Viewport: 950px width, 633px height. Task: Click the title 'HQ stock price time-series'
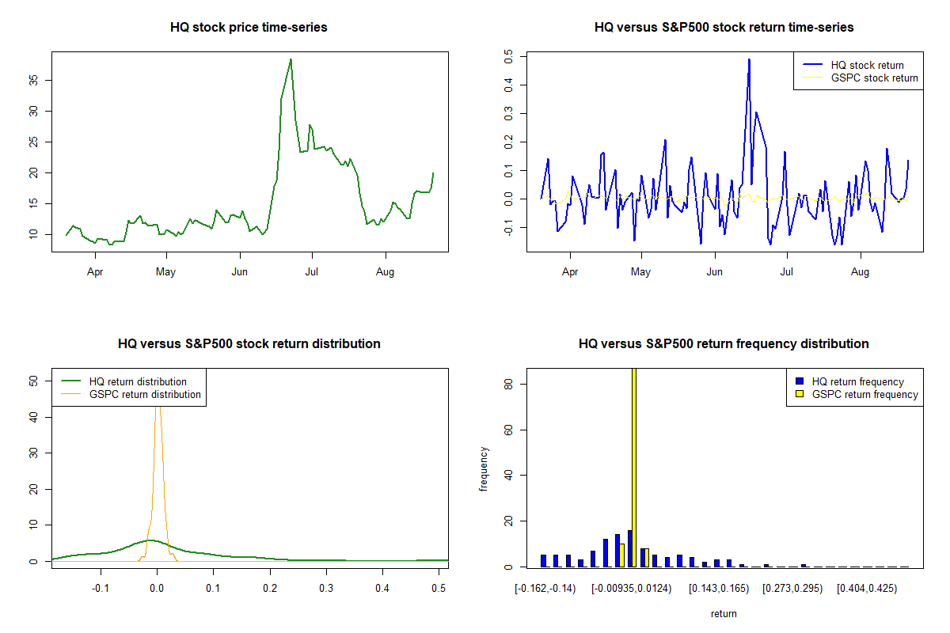pyautogui.click(x=249, y=27)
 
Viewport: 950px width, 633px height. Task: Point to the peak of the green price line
pyautogui.click(x=291, y=59)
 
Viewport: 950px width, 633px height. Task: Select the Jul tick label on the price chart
pyautogui.click(x=312, y=271)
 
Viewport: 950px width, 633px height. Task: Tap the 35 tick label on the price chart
pyautogui.click(x=33, y=80)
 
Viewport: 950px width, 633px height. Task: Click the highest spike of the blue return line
pyautogui.click(x=749, y=60)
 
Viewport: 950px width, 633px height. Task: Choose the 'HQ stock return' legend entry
pyautogui.click(x=853, y=65)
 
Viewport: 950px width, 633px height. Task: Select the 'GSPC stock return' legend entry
pyautogui.click(x=860, y=78)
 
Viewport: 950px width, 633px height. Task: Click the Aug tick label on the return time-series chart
pyautogui.click(x=860, y=271)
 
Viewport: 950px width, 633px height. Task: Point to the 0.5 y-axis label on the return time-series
pyautogui.click(x=508, y=56)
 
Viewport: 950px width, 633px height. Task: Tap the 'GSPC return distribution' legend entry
pyautogui.click(x=131, y=394)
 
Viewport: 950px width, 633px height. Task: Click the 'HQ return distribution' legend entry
pyautogui.click(x=123, y=381)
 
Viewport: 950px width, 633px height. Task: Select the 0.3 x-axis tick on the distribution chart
pyautogui.click(x=326, y=588)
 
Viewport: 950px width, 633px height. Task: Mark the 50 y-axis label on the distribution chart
pyautogui.click(x=33, y=381)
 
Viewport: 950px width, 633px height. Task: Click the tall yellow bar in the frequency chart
pyautogui.click(x=634, y=467)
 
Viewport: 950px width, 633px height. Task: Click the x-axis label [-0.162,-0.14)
pyautogui.click(x=545, y=589)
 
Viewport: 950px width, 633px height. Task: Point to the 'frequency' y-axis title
pyautogui.click(x=484, y=469)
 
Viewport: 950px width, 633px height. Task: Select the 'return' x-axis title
pyautogui.click(x=724, y=613)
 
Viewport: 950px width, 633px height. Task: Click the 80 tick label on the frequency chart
pyautogui.click(x=508, y=384)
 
